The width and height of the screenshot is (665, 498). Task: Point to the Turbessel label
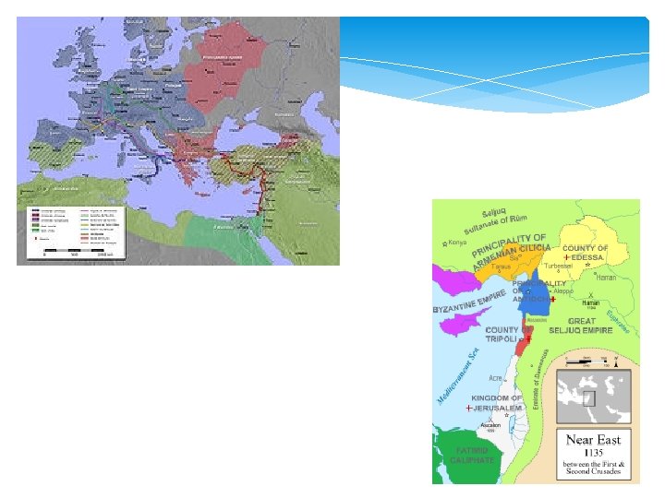559,266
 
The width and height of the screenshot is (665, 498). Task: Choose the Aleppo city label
563,290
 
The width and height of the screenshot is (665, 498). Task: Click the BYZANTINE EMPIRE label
471,303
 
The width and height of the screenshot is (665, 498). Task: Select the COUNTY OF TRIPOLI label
502,336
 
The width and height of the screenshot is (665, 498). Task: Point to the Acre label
497,379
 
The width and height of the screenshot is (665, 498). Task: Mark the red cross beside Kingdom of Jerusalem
469,408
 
